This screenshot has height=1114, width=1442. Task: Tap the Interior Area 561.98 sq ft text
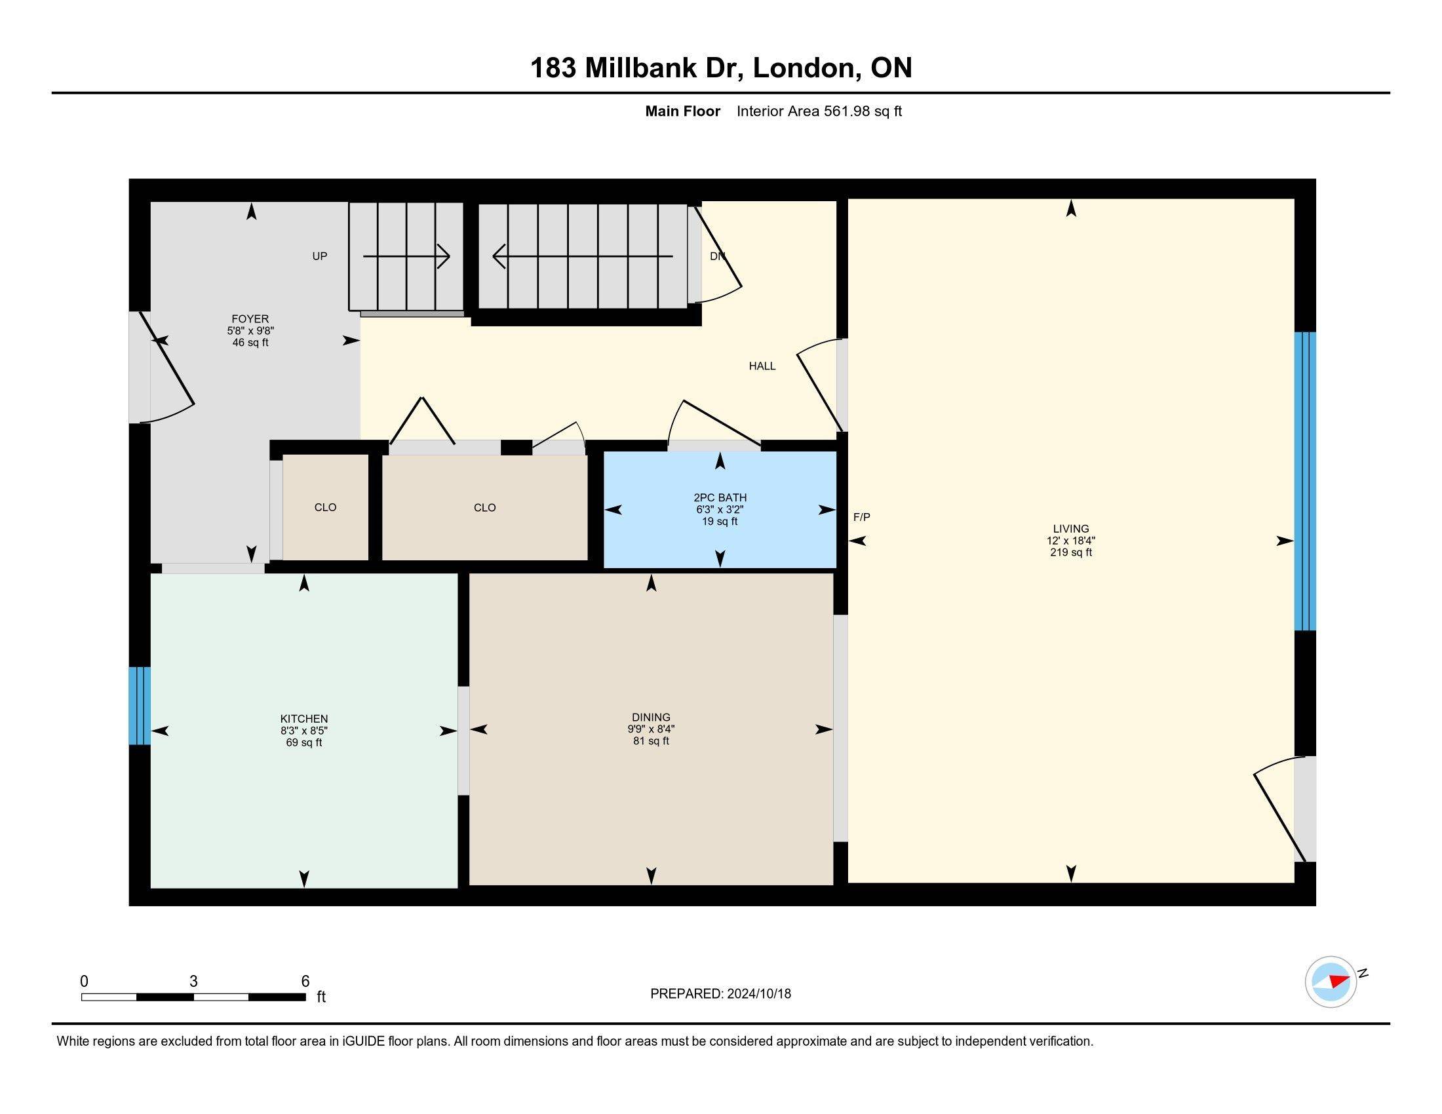coord(819,111)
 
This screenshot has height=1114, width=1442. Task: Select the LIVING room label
coord(1071,529)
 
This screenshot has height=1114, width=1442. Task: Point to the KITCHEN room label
coord(303,719)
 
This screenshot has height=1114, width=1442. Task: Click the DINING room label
coord(651,718)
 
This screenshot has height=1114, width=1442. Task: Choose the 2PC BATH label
coord(720,497)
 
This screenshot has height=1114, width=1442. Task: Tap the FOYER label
coord(250,318)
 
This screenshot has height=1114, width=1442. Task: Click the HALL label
coord(762,366)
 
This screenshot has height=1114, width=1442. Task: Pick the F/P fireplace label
coord(862,518)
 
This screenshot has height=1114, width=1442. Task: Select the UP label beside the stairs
coord(320,256)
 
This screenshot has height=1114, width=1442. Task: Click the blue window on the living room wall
coord(1304,481)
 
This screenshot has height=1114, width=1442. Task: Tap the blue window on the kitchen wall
coord(140,706)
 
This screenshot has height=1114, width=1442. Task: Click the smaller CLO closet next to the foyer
coord(325,507)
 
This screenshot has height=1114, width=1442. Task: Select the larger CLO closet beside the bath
coord(484,507)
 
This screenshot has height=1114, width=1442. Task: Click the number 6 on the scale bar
coord(305,982)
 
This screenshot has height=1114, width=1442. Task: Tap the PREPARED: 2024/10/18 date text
coord(720,994)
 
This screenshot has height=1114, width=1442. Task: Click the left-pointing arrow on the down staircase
coord(583,256)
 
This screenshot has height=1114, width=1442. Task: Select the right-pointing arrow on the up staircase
coord(407,256)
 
